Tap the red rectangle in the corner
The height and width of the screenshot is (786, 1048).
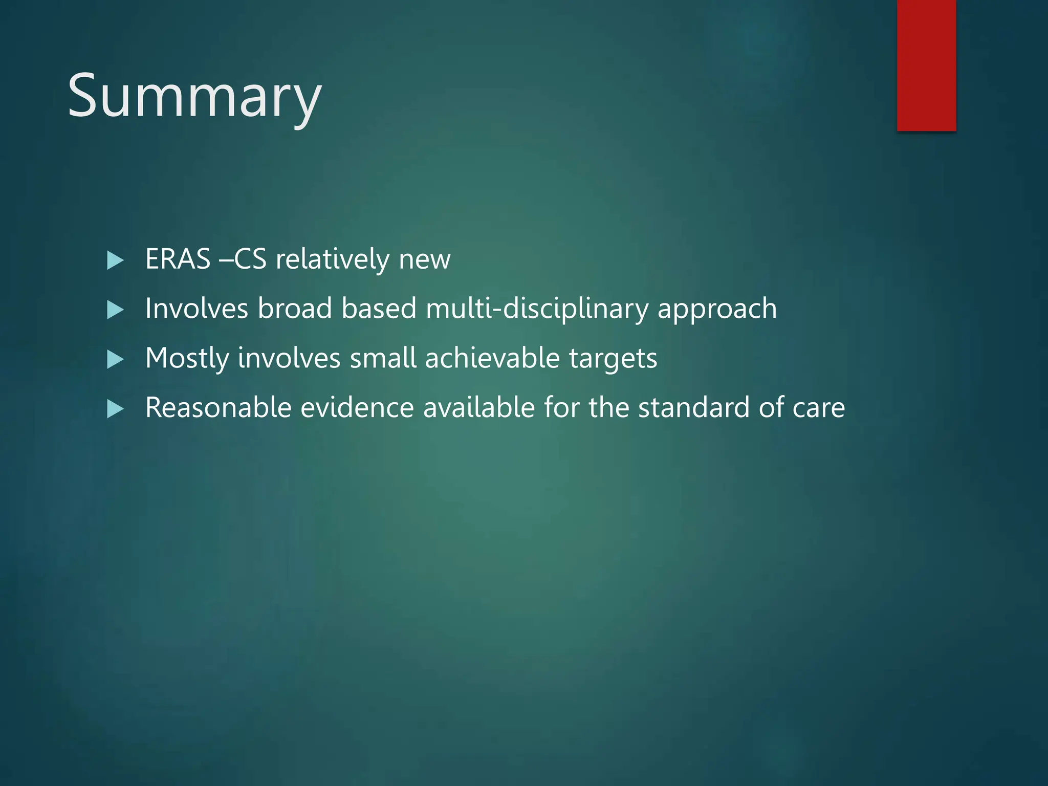coord(926,65)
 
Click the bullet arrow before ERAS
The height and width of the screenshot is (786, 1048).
coord(115,260)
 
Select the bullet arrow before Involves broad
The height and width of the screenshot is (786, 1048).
coord(115,310)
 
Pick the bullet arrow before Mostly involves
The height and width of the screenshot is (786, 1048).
coord(115,360)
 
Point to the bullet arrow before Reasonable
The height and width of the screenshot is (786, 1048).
coord(115,409)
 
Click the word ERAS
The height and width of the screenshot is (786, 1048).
coord(178,259)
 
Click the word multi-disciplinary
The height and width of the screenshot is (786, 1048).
coord(537,309)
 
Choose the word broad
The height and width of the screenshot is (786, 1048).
coord(294,309)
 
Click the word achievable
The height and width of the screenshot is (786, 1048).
coord(492,358)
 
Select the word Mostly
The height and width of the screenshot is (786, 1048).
coord(187,358)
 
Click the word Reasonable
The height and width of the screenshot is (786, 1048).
coord(218,408)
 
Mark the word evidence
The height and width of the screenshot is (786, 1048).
coord(357,408)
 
